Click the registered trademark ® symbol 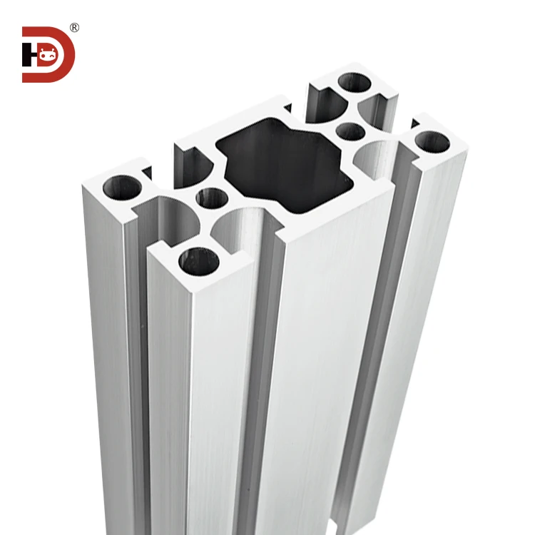74,28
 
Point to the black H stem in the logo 26,54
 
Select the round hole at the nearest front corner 198,262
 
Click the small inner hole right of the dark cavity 350,131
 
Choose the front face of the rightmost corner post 428,321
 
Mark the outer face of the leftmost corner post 107,342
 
